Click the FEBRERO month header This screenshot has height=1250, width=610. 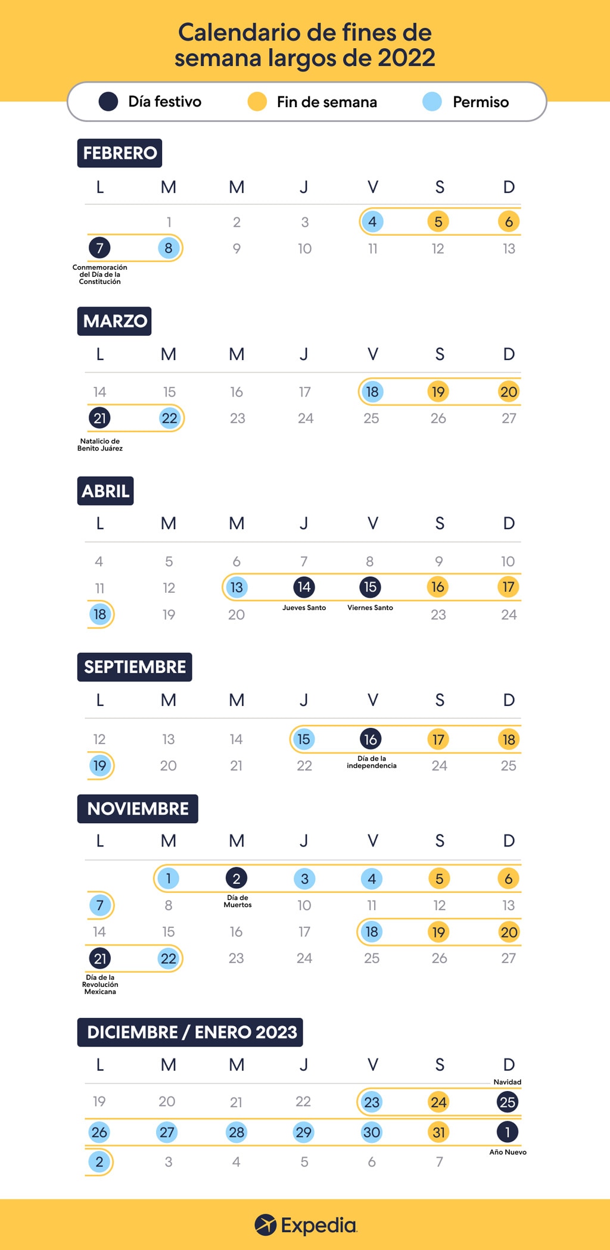120,153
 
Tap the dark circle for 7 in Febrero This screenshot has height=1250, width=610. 99,248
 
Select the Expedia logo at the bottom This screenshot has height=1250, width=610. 305,1225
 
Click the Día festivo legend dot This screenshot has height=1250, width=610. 108,102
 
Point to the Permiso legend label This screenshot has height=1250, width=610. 480,102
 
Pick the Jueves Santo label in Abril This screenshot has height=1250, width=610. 304,608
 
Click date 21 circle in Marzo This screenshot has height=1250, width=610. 99,418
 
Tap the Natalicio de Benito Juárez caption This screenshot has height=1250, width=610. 99,445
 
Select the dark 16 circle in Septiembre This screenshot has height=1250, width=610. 371,739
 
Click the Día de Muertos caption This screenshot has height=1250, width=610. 237,901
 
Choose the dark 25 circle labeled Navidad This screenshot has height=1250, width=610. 508,1102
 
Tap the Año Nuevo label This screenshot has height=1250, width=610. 508,1152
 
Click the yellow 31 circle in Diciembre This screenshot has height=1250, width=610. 439,1132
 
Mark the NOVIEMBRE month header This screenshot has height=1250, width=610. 138,809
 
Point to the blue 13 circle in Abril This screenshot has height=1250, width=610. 236,587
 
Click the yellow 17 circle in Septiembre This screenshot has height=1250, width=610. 438,739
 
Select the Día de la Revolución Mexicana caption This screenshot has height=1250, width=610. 100,985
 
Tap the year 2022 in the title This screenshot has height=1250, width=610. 406,58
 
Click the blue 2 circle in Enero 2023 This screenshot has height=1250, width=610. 99,1161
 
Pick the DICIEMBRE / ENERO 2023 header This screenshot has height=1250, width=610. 191,1032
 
